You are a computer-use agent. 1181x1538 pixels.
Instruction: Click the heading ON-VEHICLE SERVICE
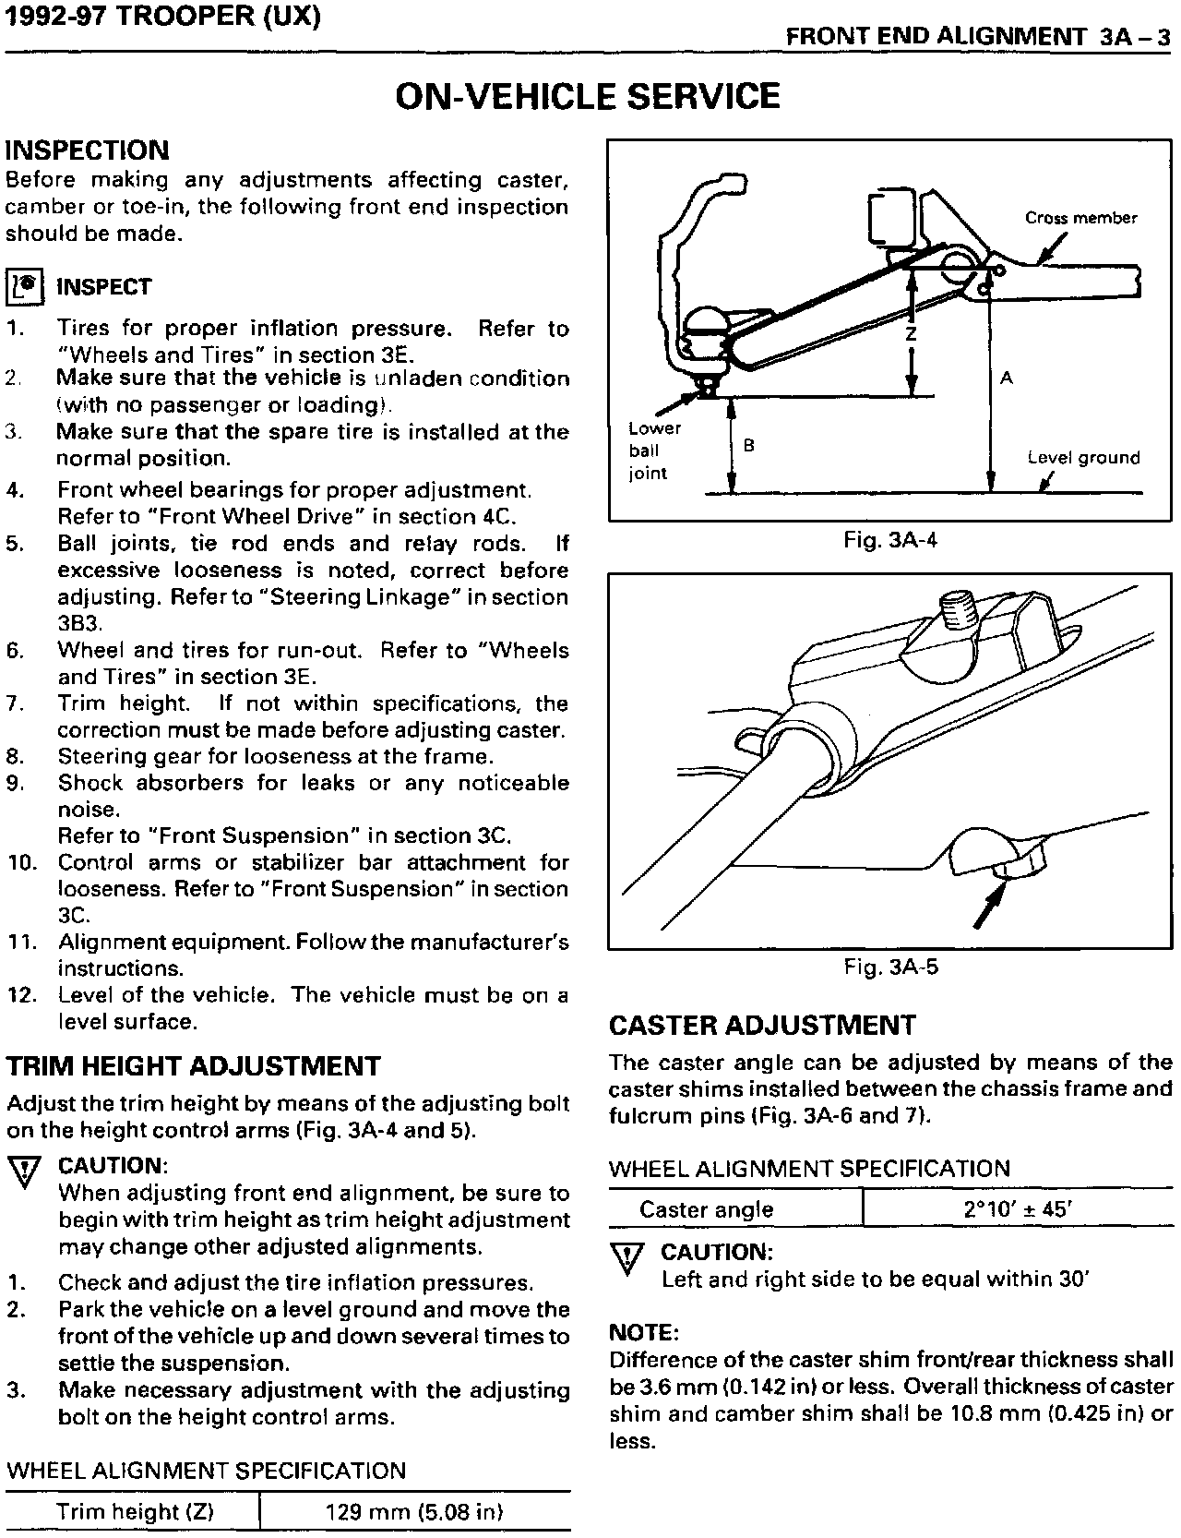click(588, 96)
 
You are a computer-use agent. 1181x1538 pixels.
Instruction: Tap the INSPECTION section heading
click(88, 150)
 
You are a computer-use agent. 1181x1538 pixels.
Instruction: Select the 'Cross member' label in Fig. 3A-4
click(1080, 219)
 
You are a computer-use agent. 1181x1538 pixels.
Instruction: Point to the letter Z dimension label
click(911, 335)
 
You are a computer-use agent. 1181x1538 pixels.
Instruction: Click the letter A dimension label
click(1007, 378)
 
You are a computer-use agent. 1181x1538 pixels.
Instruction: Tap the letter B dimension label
click(749, 445)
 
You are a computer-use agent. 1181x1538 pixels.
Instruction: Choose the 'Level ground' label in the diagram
click(1083, 458)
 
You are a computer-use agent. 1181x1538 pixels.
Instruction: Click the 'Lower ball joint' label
click(653, 451)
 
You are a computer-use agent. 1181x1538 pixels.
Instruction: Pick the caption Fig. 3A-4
click(889, 540)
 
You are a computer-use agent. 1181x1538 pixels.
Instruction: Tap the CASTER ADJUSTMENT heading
click(762, 1026)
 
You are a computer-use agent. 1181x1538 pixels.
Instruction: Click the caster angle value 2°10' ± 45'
click(1017, 1209)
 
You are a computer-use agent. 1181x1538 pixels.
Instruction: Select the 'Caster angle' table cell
click(706, 1209)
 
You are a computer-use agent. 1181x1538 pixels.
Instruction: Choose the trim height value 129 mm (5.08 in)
click(414, 1512)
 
